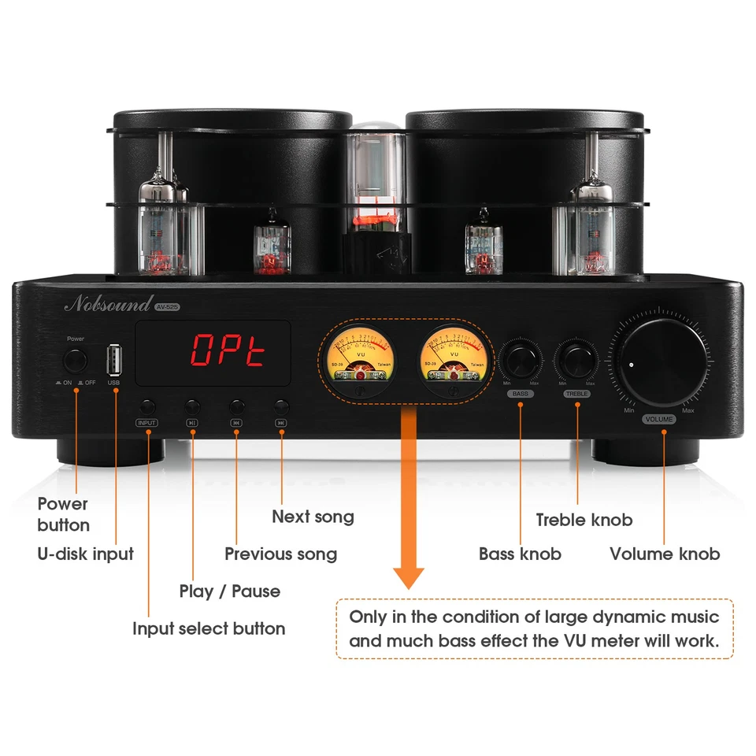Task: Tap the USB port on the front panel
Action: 115,362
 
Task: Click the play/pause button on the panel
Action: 192,406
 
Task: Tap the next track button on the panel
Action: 281,406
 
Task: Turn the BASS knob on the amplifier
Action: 521,361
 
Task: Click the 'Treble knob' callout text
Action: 584,520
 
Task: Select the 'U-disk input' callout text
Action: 86,554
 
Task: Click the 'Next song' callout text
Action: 313,517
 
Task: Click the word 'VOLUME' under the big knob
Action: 658,419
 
